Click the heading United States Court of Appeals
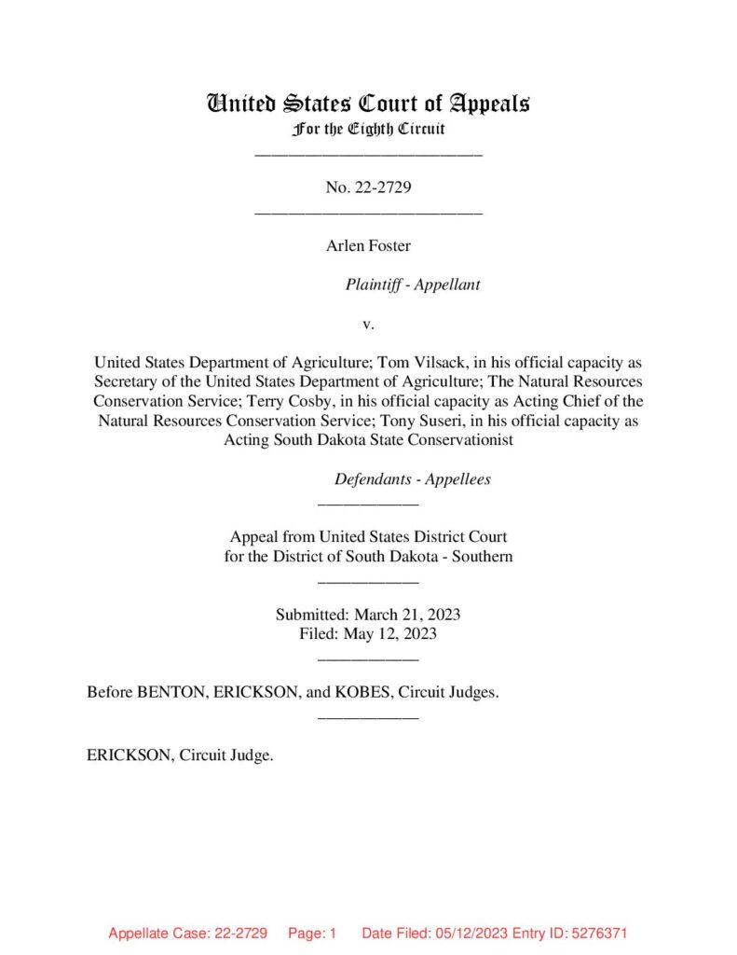coord(368,103)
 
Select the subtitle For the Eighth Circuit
coord(368,129)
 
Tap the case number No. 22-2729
coord(369,187)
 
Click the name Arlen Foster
coord(368,246)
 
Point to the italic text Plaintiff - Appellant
coord(413,284)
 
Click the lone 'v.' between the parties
coord(368,324)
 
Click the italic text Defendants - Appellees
coord(413,479)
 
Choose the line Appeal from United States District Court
coord(368,537)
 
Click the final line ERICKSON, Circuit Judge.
coord(180,755)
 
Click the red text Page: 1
coord(311,933)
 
